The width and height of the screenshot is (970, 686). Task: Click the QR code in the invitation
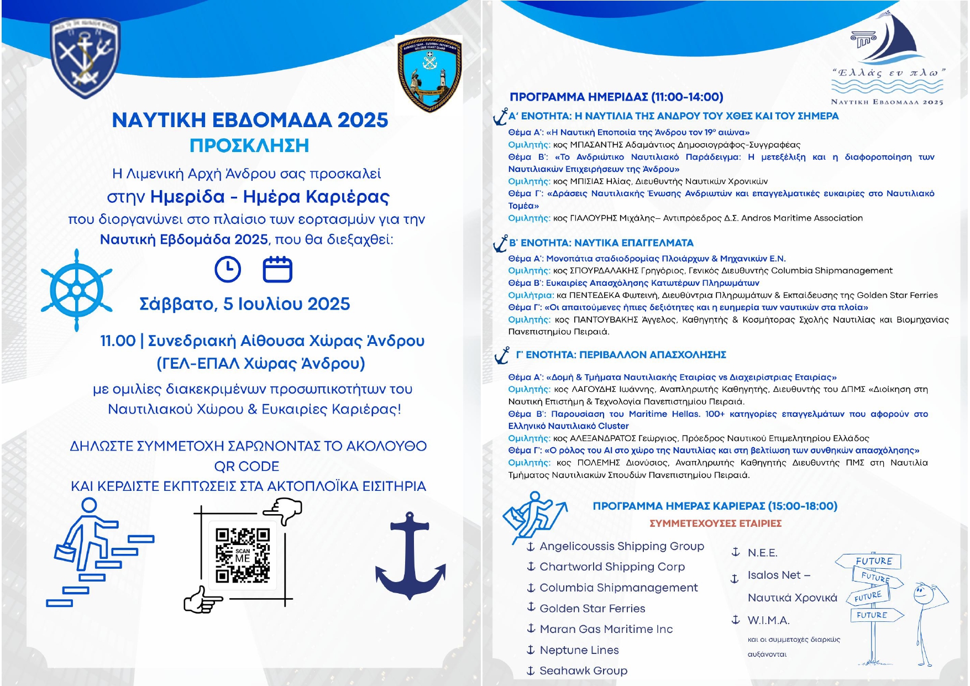[242, 556]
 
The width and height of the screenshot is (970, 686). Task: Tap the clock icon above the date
[228, 270]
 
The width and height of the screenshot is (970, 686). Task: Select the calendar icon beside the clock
[277, 270]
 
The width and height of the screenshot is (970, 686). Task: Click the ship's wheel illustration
[77, 290]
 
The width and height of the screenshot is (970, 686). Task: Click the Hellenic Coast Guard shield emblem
[429, 74]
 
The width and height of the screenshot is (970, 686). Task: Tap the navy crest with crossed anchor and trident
[85, 57]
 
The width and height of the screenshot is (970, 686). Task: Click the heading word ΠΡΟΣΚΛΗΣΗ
[249, 145]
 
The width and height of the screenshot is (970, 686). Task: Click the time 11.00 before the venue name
[118, 341]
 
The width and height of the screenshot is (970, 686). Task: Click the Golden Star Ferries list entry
[592, 608]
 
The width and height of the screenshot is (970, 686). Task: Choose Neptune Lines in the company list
[579, 650]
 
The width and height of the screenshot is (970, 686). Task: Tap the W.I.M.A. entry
[768, 620]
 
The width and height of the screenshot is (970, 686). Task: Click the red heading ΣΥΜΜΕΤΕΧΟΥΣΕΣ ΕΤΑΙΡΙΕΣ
[715, 523]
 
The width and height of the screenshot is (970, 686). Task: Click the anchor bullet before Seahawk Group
[531, 671]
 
